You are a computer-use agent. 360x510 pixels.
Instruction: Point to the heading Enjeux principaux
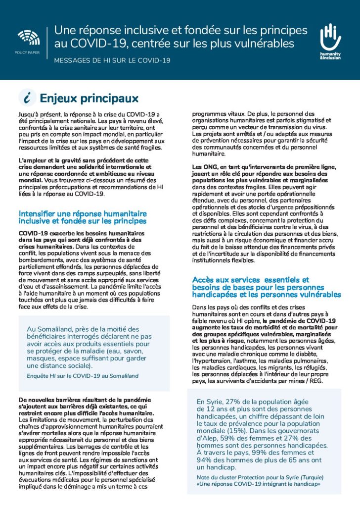[x=89, y=98]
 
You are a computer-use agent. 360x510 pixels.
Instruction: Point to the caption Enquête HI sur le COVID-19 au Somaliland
[x=82, y=376]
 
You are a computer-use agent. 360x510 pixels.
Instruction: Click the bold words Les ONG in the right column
[x=204, y=167]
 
